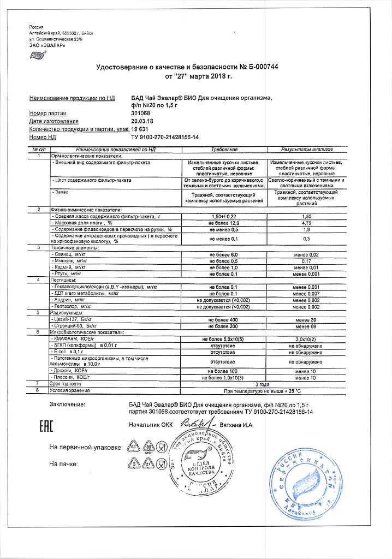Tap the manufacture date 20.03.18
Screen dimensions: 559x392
(x=143, y=121)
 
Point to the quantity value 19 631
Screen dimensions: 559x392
(x=141, y=129)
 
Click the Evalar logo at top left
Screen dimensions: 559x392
(x=37, y=54)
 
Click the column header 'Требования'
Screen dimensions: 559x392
(x=225, y=149)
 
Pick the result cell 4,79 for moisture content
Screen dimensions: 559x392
(x=306, y=223)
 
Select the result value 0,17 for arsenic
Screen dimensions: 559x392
(x=306, y=260)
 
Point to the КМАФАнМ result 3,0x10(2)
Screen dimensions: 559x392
(x=306, y=339)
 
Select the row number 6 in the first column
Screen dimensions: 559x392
(x=38, y=332)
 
